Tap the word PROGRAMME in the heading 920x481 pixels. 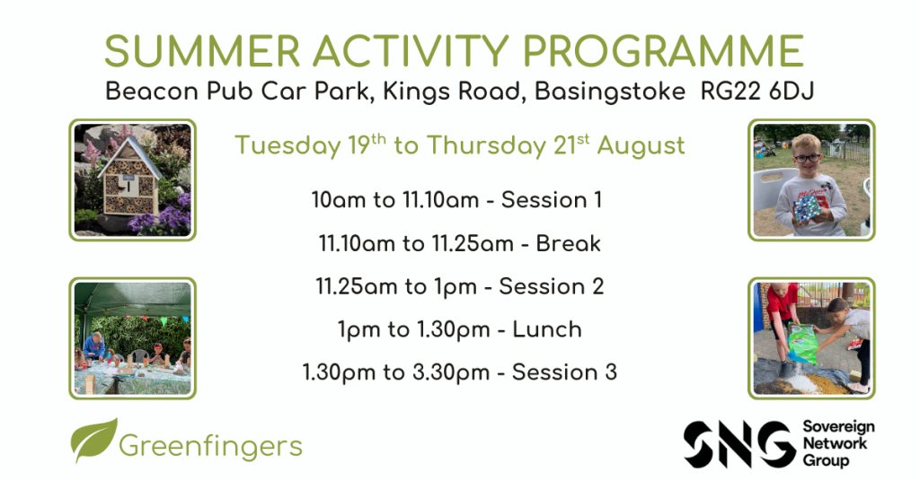(663, 51)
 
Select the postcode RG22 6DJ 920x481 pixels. (757, 92)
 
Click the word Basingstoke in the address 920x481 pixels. (610, 92)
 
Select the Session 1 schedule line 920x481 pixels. (456, 200)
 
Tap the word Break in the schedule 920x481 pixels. (568, 243)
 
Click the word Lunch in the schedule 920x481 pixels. (547, 329)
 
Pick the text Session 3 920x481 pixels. (564, 372)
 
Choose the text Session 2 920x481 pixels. (551, 286)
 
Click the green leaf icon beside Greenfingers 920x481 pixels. (93, 440)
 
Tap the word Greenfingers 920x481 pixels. (210, 446)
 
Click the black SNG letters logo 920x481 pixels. (740, 443)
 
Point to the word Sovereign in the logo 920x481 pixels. (838, 427)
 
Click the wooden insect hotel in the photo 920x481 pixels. (129, 178)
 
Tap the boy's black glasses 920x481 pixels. (808, 158)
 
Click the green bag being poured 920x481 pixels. (802, 344)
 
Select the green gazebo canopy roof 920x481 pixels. (133, 299)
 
